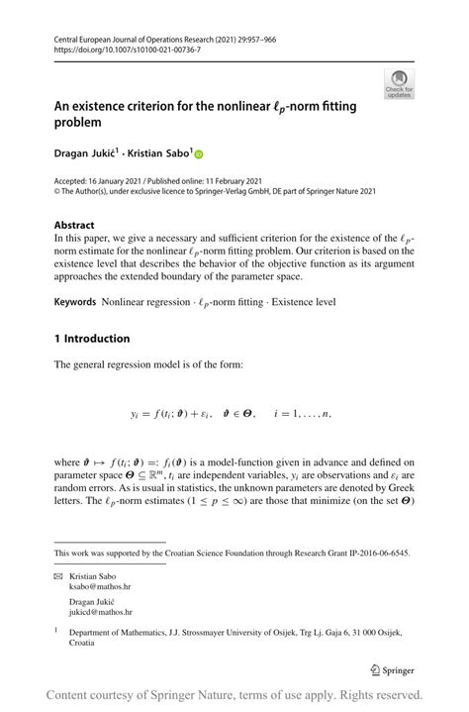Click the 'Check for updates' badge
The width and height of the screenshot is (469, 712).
click(x=399, y=84)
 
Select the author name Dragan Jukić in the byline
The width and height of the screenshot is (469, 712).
click(x=84, y=153)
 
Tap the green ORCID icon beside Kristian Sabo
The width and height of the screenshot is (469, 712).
click(x=198, y=154)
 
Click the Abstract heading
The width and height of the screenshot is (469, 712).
click(x=75, y=225)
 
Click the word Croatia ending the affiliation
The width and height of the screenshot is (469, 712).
click(x=83, y=643)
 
